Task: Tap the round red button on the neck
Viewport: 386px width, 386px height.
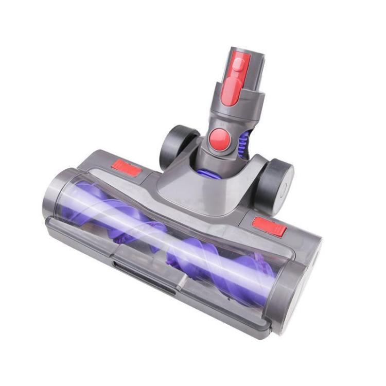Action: (x=220, y=138)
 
